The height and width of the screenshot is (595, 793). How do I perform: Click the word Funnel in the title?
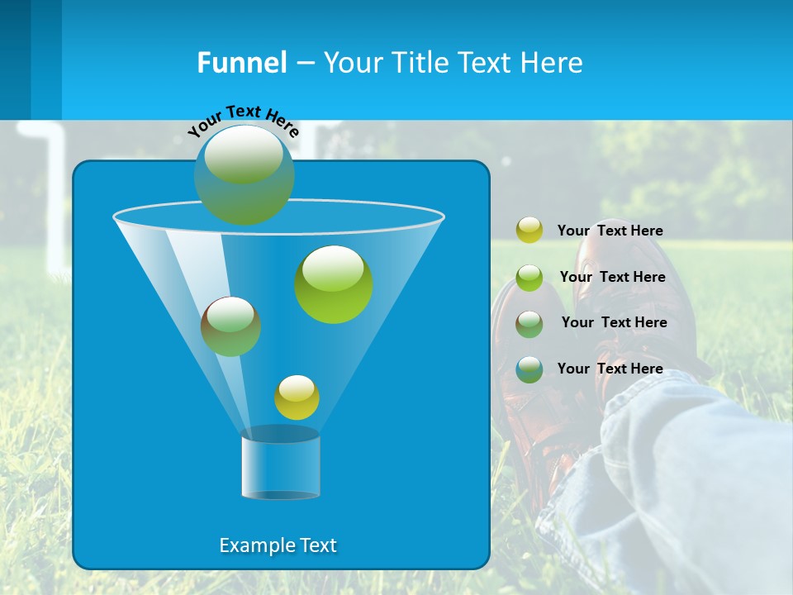click(242, 63)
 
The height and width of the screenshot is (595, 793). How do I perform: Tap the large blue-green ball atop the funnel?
click(245, 174)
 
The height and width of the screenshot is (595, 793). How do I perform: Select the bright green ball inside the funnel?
click(334, 284)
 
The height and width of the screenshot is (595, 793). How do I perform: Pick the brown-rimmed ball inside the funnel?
click(230, 326)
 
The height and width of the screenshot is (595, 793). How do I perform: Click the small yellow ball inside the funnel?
click(297, 397)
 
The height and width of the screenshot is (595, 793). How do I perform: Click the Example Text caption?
click(278, 545)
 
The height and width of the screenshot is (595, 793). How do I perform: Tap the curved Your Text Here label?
click(243, 121)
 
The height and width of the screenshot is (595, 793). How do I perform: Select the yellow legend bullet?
click(529, 230)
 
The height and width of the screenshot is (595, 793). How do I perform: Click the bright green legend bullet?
click(529, 277)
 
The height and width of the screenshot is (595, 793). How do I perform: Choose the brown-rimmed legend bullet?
click(529, 323)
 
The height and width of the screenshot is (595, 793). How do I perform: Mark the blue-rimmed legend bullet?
click(529, 369)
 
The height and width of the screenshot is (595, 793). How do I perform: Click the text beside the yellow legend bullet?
click(610, 231)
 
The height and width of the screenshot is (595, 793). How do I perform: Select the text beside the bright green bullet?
click(612, 277)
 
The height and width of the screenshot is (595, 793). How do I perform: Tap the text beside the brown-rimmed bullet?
click(614, 322)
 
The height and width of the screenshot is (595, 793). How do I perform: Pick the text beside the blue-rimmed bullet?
click(610, 369)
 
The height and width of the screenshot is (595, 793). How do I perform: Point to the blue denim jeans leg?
click(686, 479)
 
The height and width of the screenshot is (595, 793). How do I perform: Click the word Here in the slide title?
click(553, 63)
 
